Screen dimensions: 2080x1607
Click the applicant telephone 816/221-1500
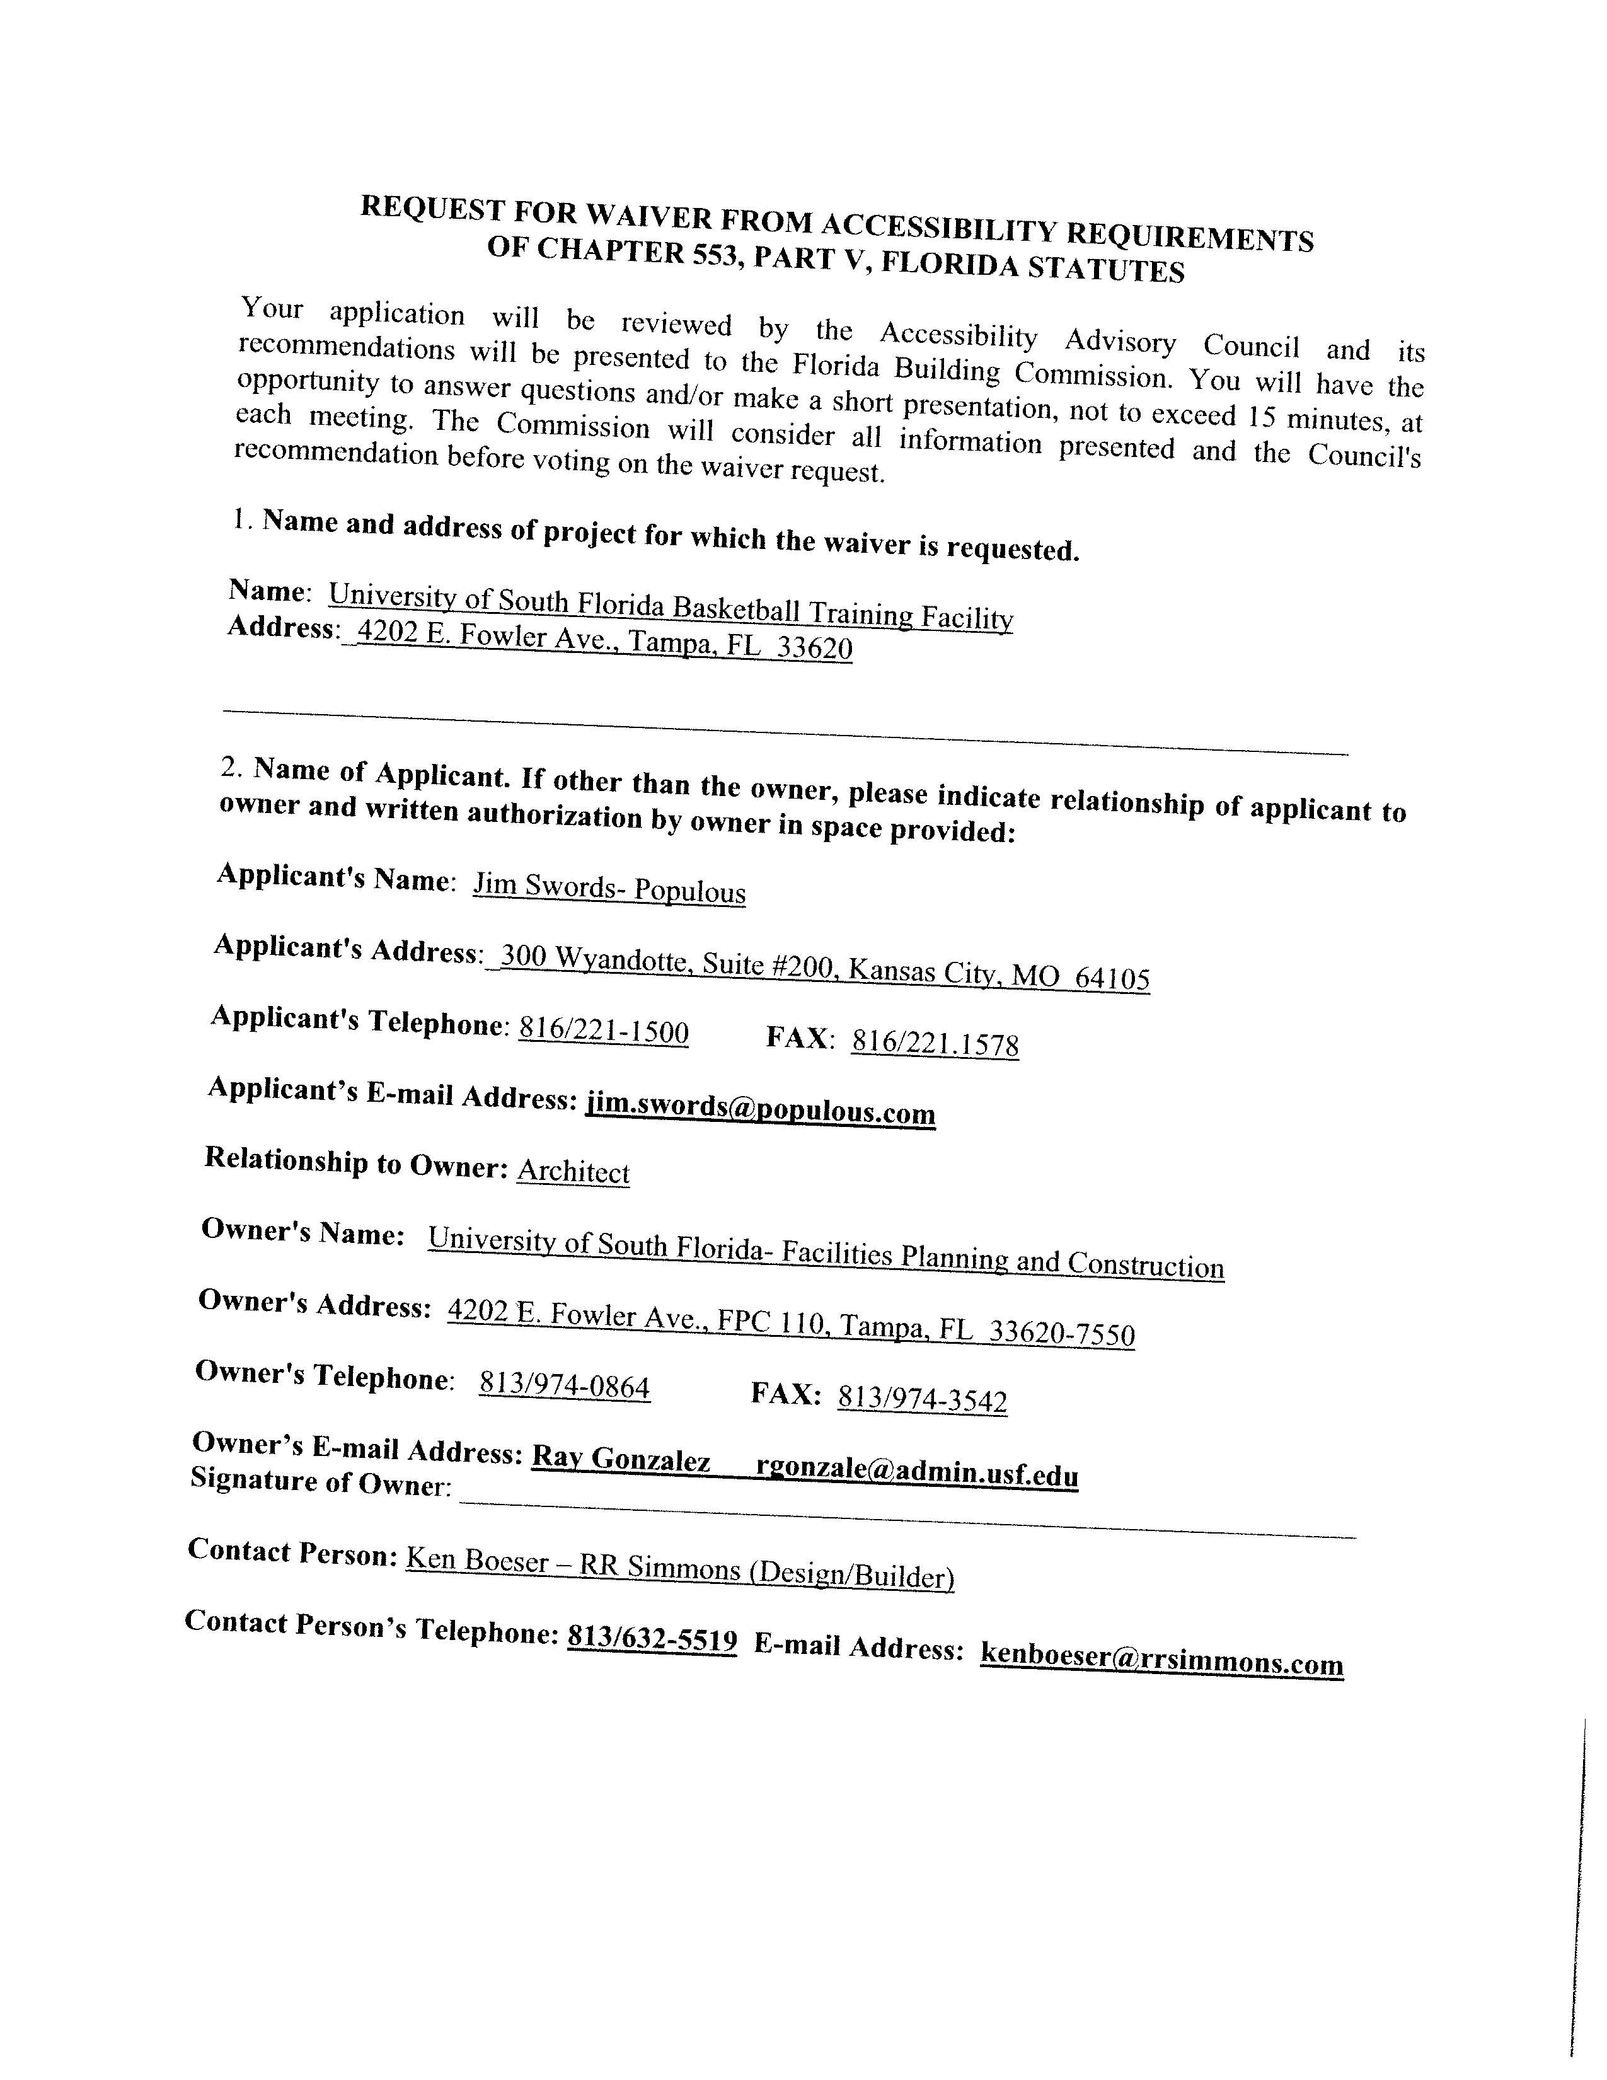click(604, 1031)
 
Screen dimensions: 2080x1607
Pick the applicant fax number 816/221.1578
click(935, 1044)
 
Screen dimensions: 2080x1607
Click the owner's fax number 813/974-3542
click(921, 1399)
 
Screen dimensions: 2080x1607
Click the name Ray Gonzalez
click(621, 1459)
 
